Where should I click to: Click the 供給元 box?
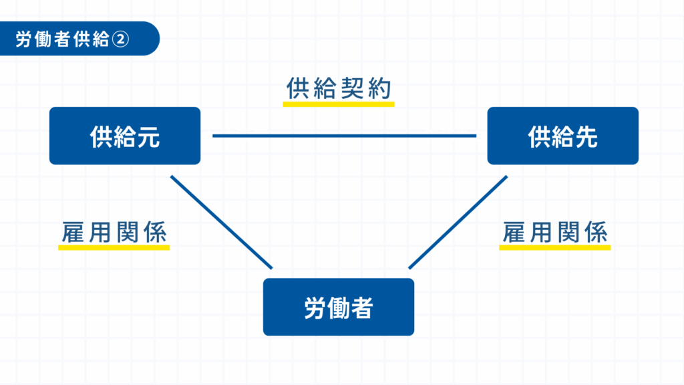pos(125,136)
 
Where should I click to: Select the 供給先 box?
pos(562,136)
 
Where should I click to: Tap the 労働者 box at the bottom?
pos(338,307)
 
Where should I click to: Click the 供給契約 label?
pos(338,90)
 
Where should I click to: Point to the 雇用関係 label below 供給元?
pos(114,233)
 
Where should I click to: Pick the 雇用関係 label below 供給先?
pos(554,233)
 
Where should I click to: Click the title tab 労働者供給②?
pos(73,39)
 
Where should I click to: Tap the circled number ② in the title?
pos(120,39)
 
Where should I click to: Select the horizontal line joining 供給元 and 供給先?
pos(344,136)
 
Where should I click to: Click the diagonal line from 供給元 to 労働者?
pos(222,223)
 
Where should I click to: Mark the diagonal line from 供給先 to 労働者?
pos(458,223)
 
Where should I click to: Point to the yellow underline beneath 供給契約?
pos(338,104)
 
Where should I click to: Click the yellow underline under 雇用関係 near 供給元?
pos(114,247)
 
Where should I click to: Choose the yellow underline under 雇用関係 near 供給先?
pos(554,247)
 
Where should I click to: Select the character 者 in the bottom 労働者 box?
pos(361,307)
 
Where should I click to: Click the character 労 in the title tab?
pos(25,39)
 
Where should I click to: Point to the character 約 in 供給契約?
pos(380,90)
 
